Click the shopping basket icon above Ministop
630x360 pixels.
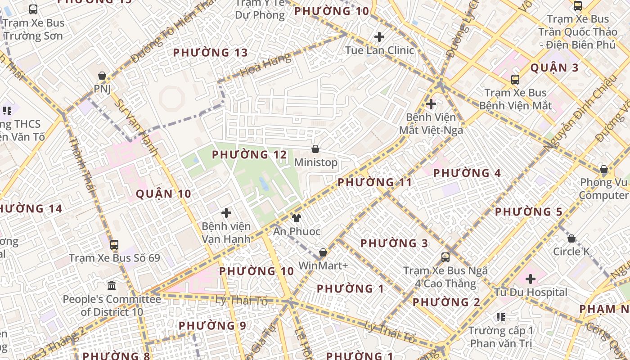(x=316, y=149)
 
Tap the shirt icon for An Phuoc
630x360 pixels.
(x=296, y=219)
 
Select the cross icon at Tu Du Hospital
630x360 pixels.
(x=531, y=279)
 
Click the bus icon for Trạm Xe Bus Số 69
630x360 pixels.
(x=114, y=245)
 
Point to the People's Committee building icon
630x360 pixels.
(x=112, y=286)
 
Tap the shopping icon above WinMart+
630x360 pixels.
(x=323, y=253)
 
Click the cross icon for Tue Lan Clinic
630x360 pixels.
(x=379, y=37)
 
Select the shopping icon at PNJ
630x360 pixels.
(x=102, y=76)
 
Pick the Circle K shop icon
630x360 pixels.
(x=571, y=238)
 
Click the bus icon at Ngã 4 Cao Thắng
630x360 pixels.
(x=445, y=257)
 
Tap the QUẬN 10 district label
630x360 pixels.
(x=163, y=194)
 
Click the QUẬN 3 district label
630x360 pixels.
(x=554, y=68)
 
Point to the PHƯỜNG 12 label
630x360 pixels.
(x=249, y=155)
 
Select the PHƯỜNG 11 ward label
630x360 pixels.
(x=374, y=183)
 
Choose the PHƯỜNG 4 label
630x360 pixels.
(x=467, y=173)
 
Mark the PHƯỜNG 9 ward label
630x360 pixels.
(x=212, y=326)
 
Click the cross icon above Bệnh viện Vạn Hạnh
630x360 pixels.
(x=226, y=213)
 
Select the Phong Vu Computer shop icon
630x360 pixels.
(x=604, y=170)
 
